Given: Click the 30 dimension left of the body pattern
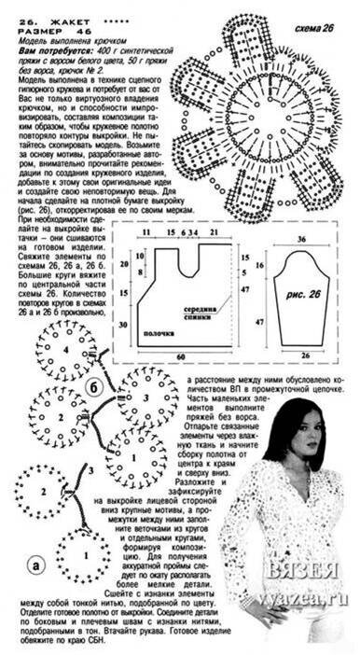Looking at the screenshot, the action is pyautogui.click(x=121, y=323).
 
